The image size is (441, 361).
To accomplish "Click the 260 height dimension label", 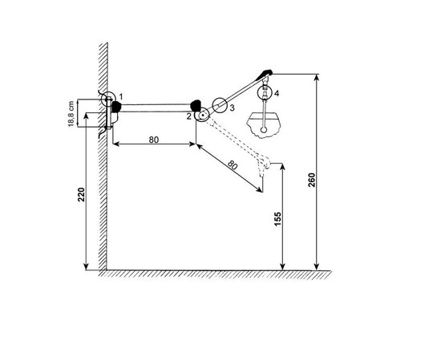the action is pos(312,180).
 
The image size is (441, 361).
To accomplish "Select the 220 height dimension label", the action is pos(81,194).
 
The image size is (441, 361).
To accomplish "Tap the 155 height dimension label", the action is pos(277,219).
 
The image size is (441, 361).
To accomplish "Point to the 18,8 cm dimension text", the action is pos(71,114).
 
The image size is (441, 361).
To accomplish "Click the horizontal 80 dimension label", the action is pos(154,140).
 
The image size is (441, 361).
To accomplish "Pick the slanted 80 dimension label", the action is pos(233,165).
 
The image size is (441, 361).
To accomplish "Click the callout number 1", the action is pos(120,97).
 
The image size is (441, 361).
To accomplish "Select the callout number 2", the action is pos(189,116).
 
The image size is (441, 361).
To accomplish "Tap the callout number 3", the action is pos(232,107).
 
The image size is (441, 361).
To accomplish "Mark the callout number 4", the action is pos(277,93).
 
